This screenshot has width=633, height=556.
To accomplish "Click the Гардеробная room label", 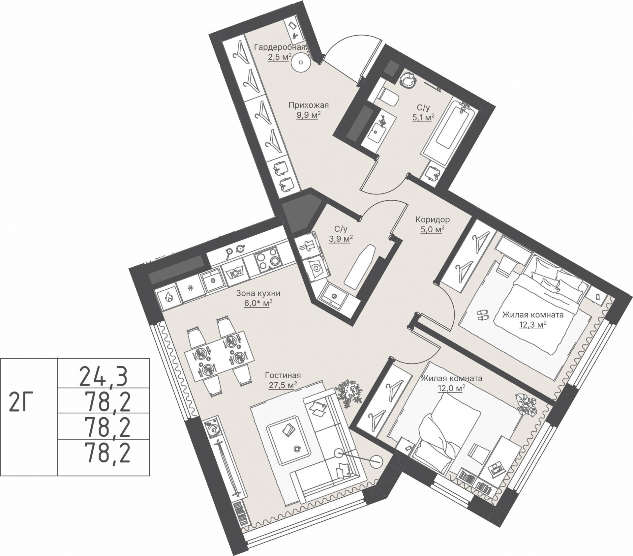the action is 280,47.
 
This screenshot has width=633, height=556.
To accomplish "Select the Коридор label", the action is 432,219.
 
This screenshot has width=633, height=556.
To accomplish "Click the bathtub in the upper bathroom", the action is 449,131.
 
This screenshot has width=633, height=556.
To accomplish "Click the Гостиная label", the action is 283,375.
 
